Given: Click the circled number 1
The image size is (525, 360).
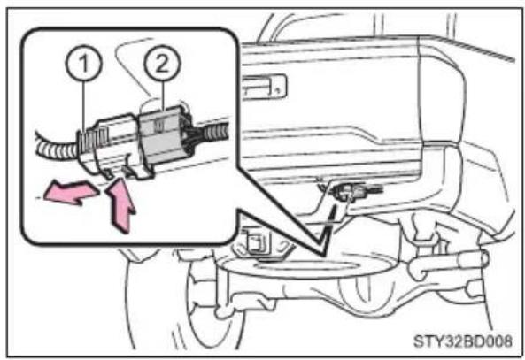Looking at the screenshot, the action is [84, 63].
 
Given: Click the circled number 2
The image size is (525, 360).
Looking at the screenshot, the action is [162, 63].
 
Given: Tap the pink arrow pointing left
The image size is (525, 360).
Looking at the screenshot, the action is [72, 193].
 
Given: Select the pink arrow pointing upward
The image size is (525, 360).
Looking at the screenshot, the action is [120, 205].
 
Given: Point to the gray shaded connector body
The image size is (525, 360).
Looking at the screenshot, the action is [164, 135].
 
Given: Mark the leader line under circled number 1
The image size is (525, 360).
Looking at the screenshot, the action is [84, 106].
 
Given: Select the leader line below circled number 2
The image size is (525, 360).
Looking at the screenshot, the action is [163, 96].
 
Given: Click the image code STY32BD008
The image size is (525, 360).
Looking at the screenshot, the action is [463, 341].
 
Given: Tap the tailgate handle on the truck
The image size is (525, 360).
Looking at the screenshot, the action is [265, 86].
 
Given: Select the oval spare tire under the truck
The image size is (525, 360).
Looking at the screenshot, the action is [307, 267].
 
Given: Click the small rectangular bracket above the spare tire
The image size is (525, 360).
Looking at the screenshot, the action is [257, 241].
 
